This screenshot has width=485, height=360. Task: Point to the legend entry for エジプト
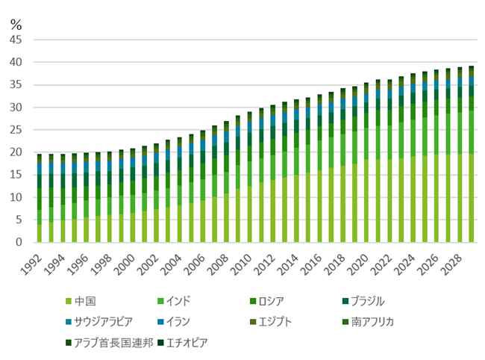tap(275, 322)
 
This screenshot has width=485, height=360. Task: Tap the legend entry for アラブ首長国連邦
tap(107, 343)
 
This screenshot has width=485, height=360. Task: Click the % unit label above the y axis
tap(16, 22)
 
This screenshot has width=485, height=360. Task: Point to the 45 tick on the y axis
tap(16, 40)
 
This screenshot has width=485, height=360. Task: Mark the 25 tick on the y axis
tap(16, 130)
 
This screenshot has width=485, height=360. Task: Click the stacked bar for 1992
tap(40, 198)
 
